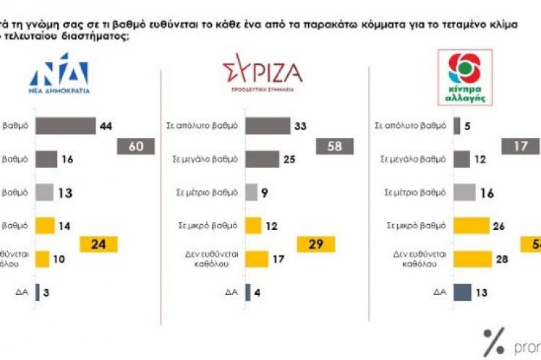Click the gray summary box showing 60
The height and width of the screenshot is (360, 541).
pos(136,147)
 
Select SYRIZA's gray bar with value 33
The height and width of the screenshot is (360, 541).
pos(268,126)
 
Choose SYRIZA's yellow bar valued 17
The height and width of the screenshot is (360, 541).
pos(257,258)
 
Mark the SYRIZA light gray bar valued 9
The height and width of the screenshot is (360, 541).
pos(252,192)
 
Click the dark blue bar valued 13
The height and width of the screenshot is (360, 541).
pos(463,292)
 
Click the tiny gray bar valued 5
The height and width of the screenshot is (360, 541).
pos(456,126)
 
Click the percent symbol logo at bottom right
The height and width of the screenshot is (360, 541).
pos(494,339)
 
